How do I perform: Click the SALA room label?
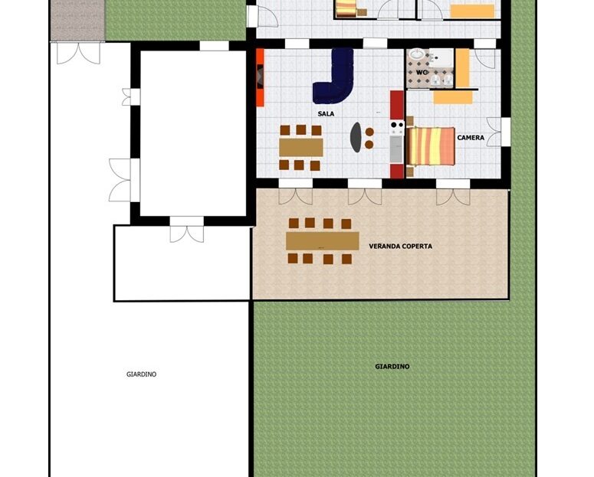(x=326, y=113)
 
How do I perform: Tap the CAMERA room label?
(x=471, y=138)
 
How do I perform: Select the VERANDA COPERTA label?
(x=400, y=246)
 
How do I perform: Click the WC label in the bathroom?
(x=422, y=72)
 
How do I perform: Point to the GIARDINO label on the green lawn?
(x=392, y=367)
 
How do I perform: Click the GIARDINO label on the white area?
(x=141, y=374)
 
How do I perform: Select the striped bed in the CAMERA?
(x=430, y=146)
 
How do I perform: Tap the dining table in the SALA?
(x=301, y=147)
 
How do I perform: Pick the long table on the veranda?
(x=323, y=240)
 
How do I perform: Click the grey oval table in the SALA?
(x=356, y=137)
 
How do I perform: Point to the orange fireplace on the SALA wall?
(x=260, y=77)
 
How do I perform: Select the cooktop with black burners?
(x=397, y=127)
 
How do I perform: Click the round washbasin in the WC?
(x=417, y=54)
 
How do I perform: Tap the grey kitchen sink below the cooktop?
(x=397, y=149)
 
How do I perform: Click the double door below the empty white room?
(x=187, y=230)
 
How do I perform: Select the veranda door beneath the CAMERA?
(x=453, y=192)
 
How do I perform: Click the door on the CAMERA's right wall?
(x=498, y=132)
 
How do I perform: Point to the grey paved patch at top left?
(x=77, y=20)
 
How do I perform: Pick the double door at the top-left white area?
(x=78, y=53)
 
